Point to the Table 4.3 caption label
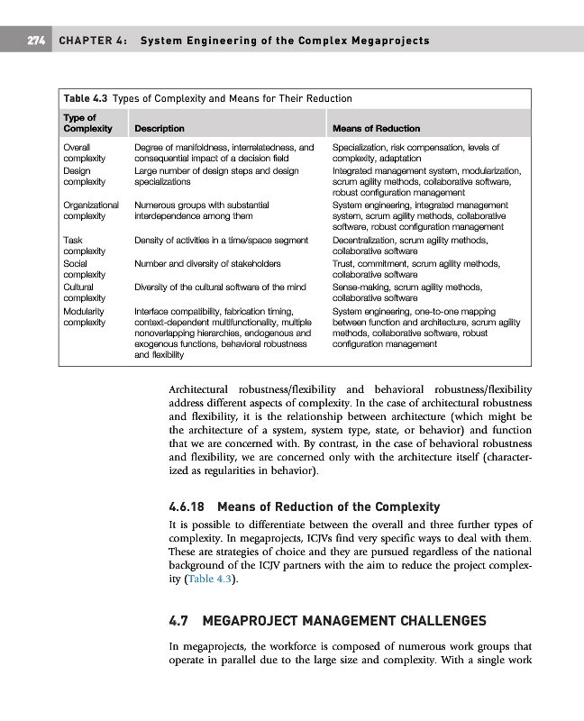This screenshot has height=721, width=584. tap(85, 98)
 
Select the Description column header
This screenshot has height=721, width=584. tap(159, 129)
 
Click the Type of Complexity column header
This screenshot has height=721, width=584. tap(88, 123)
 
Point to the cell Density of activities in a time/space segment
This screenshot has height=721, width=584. tap(221, 240)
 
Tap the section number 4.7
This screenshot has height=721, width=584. tap(180, 621)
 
